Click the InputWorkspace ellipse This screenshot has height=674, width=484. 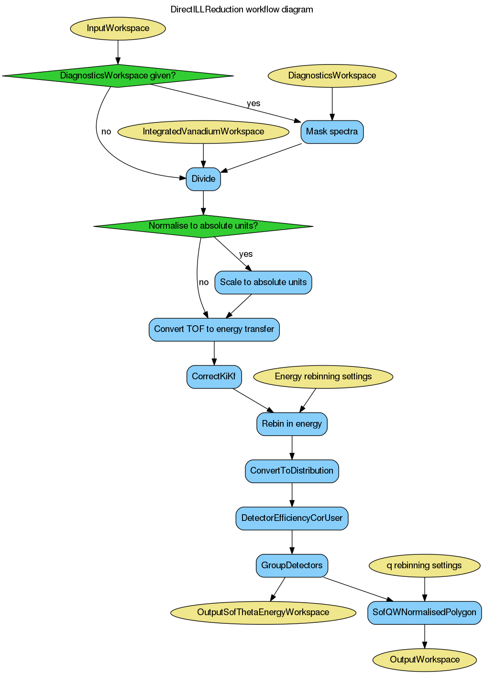[118, 28]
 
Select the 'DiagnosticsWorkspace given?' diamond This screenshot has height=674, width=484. [118, 76]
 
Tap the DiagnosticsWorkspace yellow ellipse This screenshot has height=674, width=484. [332, 76]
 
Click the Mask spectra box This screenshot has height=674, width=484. [332, 132]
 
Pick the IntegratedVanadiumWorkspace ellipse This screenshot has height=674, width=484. [203, 132]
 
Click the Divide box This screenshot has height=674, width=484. [203, 179]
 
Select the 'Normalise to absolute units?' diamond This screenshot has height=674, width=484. [203, 226]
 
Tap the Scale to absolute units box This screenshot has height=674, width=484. [263, 282]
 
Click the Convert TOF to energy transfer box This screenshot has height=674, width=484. [214, 329]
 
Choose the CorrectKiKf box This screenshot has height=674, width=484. [214, 376]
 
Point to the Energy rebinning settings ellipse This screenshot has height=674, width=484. [323, 376]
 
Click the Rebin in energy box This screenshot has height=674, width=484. [292, 424]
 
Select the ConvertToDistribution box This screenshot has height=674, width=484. [292, 471]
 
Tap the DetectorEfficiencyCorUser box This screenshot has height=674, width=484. [292, 518]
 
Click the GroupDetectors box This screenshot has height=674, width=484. [292, 565]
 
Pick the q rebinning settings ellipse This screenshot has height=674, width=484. [424, 565]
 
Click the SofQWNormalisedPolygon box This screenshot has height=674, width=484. [424, 612]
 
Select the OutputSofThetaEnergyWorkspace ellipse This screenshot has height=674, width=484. [263, 612]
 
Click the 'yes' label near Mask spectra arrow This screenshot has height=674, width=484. [253, 103]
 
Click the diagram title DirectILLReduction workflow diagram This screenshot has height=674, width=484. [242, 10]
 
